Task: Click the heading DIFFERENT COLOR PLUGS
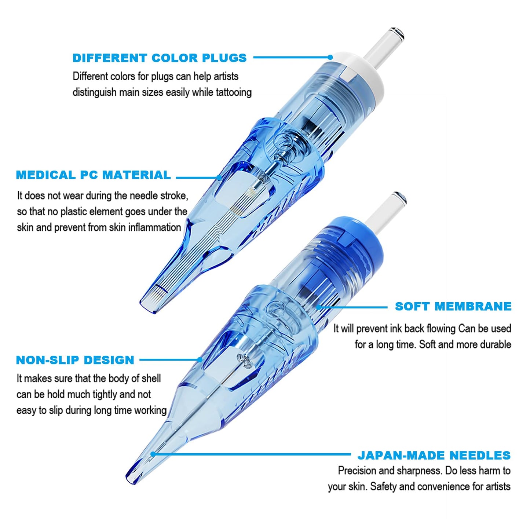coord(160,58)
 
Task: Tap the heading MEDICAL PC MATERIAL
coord(94,175)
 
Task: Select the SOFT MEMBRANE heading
coord(453,306)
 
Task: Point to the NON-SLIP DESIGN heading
coord(75,360)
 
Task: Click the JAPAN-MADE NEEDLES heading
coord(434,456)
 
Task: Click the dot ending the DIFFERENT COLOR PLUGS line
coord(330,57)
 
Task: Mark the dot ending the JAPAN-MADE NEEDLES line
coord(153,454)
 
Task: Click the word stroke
coord(174,195)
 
